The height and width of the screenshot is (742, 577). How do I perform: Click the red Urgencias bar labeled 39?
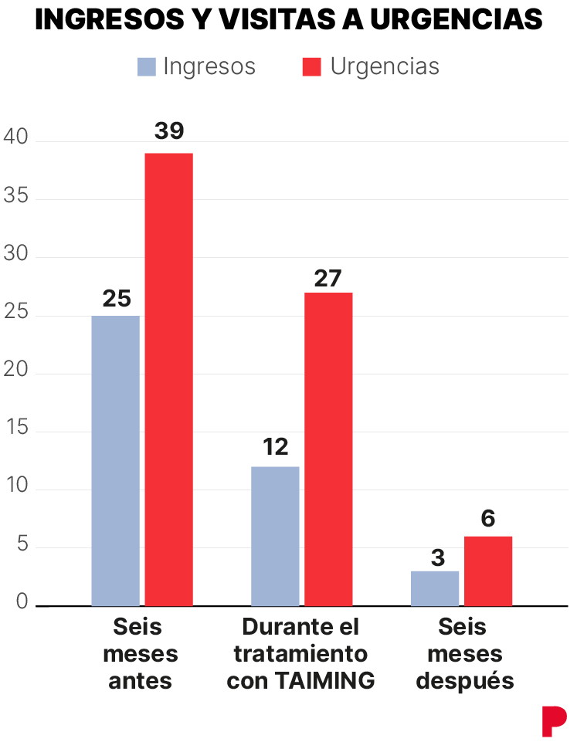coord(169,379)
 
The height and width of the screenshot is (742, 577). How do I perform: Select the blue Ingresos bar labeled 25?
coord(116,460)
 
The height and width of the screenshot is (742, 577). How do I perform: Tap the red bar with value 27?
coord(328,449)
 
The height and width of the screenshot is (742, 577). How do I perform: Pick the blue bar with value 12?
coord(275,536)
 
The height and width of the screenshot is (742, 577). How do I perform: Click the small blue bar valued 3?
coord(435,588)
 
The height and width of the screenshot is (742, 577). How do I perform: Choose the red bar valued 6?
coord(488,571)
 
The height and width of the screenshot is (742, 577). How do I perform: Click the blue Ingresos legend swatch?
coord(147,67)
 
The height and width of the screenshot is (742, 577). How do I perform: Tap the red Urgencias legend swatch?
coord(311,67)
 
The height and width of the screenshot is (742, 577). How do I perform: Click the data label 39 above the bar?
coord(169,131)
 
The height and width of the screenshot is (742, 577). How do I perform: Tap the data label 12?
coord(275,446)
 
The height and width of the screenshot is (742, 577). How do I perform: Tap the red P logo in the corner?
coord(553,721)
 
